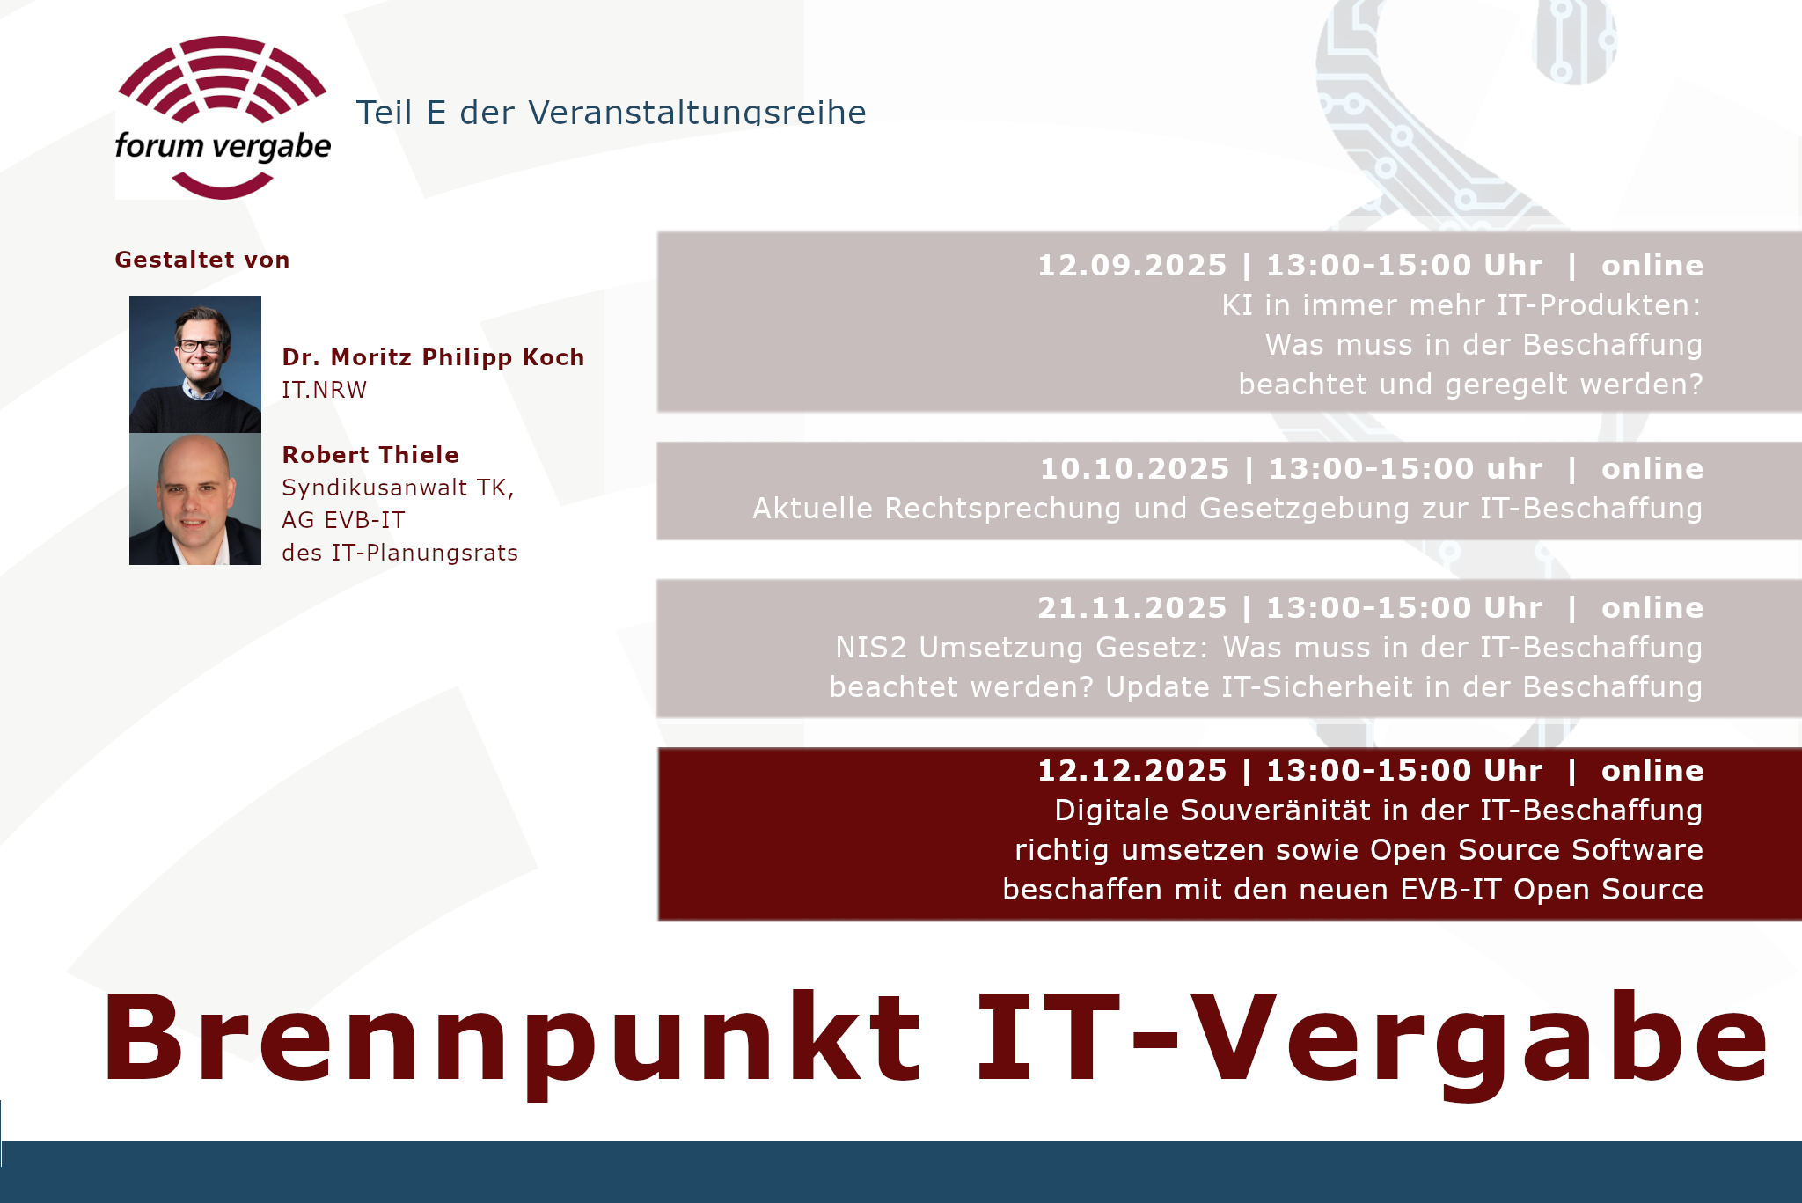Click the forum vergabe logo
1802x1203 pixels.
(223, 118)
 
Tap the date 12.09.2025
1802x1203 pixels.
(1132, 266)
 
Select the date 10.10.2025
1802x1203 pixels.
(1134, 469)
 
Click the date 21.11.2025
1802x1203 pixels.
(1132, 608)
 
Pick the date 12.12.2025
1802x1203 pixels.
(1132, 771)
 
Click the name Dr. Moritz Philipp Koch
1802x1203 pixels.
(433, 357)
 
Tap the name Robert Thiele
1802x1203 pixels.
(370, 455)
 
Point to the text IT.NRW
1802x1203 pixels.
(324, 390)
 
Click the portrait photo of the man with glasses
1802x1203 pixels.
(195, 364)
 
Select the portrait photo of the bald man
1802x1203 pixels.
(195, 499)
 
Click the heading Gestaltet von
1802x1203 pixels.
(202, 260)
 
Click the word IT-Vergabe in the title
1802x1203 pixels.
(1372, 1038)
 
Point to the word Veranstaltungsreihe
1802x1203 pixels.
(697, 113)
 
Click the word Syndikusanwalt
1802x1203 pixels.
(373, 488)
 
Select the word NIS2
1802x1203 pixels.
(871, 648)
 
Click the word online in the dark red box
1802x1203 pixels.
(1652, 771)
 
